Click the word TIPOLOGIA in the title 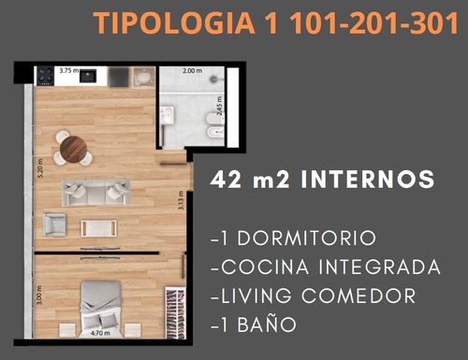tap(174, 23)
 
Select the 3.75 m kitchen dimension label tap(69, 70)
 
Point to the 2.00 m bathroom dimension tap(192, 71)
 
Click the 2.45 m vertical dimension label tap(220, 106)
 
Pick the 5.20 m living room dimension tap(40, 168)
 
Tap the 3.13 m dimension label tap(181, 200)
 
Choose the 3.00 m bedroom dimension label tap(39, 295)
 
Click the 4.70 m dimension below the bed tap(100, 333)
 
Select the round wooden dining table tap(73, 149)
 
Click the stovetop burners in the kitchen tap(45, 76)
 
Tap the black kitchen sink tap(88, 76)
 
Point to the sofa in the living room tap(96, 193)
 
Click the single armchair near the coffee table tap(55, 224)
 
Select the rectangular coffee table tap(99, 228)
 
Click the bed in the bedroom tap(100, 309)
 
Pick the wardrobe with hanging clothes tap(175, 312)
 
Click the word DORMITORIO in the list tap(307, 238)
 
